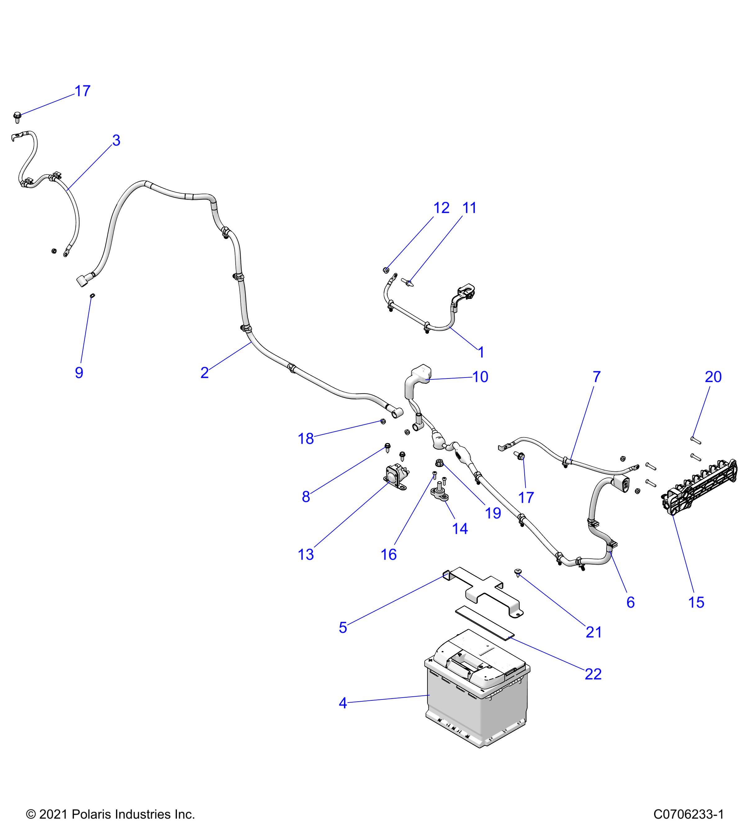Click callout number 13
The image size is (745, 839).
[x=306, y=555]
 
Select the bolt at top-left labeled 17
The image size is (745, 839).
[x=17, y=117]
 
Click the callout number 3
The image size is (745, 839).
[x=116, y=140]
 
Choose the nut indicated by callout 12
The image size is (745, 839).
[x=386, y=270]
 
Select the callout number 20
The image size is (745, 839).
[x=713, y=377]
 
